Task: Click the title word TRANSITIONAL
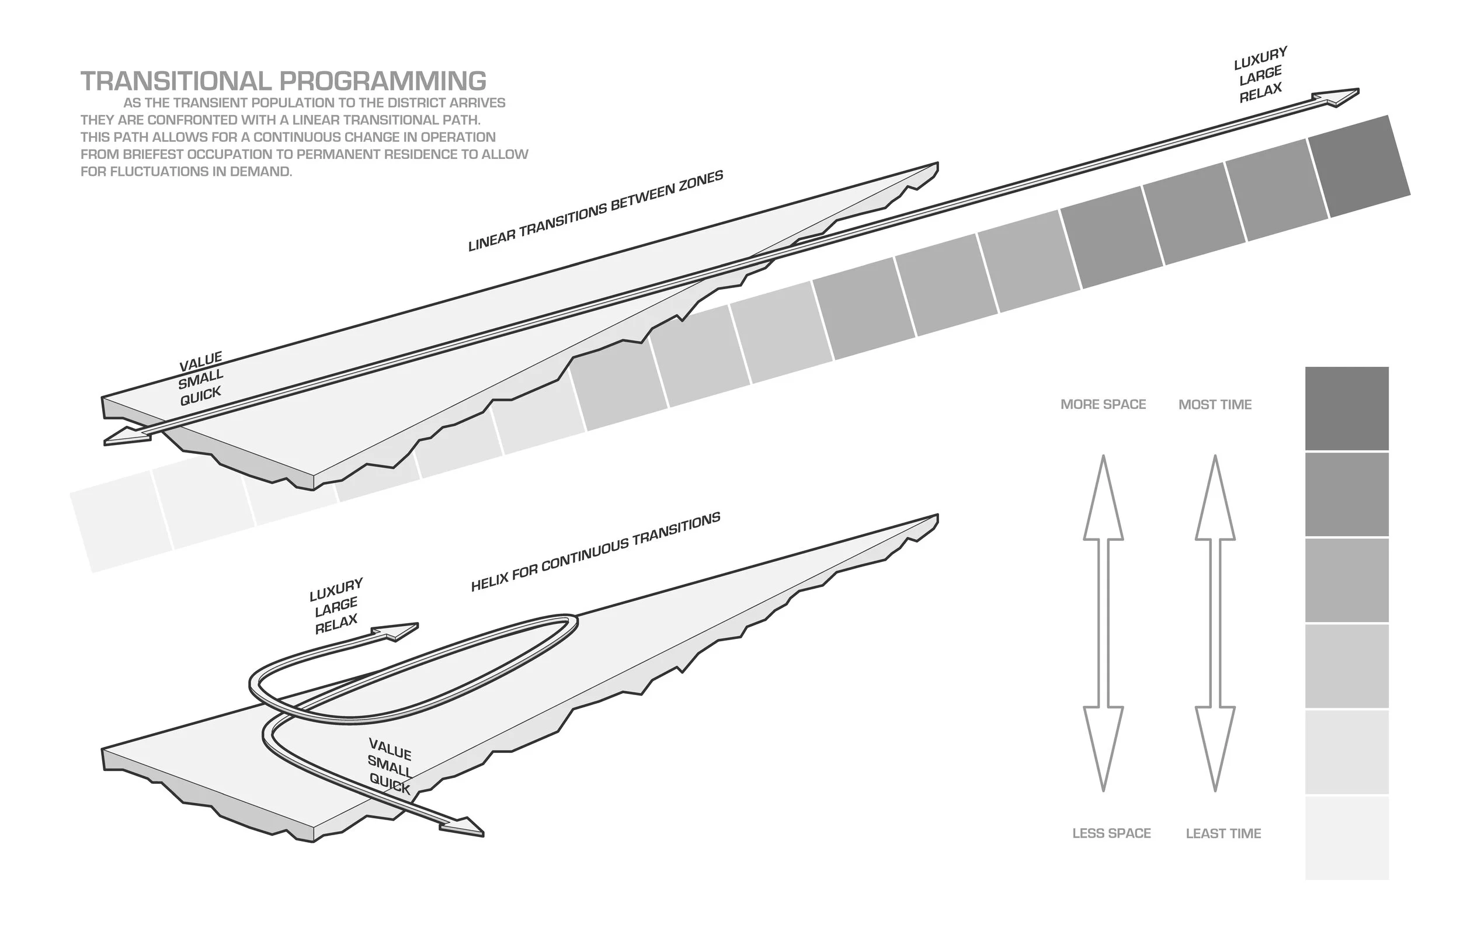(176, 81)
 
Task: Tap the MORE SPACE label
(1103, 404)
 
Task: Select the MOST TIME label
(1215, 404)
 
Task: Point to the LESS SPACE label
(1111, 833)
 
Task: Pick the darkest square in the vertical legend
(1347, 408)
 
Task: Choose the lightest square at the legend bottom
(1347, 838)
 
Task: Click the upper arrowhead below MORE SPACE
(1103, 500)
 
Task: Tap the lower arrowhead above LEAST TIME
(1215, 746)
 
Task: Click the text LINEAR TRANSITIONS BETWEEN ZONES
(595, 210)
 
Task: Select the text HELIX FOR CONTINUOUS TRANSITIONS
(595, 553)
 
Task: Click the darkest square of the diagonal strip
(1359, 166)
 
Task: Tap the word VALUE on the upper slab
(200, 362)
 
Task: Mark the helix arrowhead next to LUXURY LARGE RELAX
(399, 631)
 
